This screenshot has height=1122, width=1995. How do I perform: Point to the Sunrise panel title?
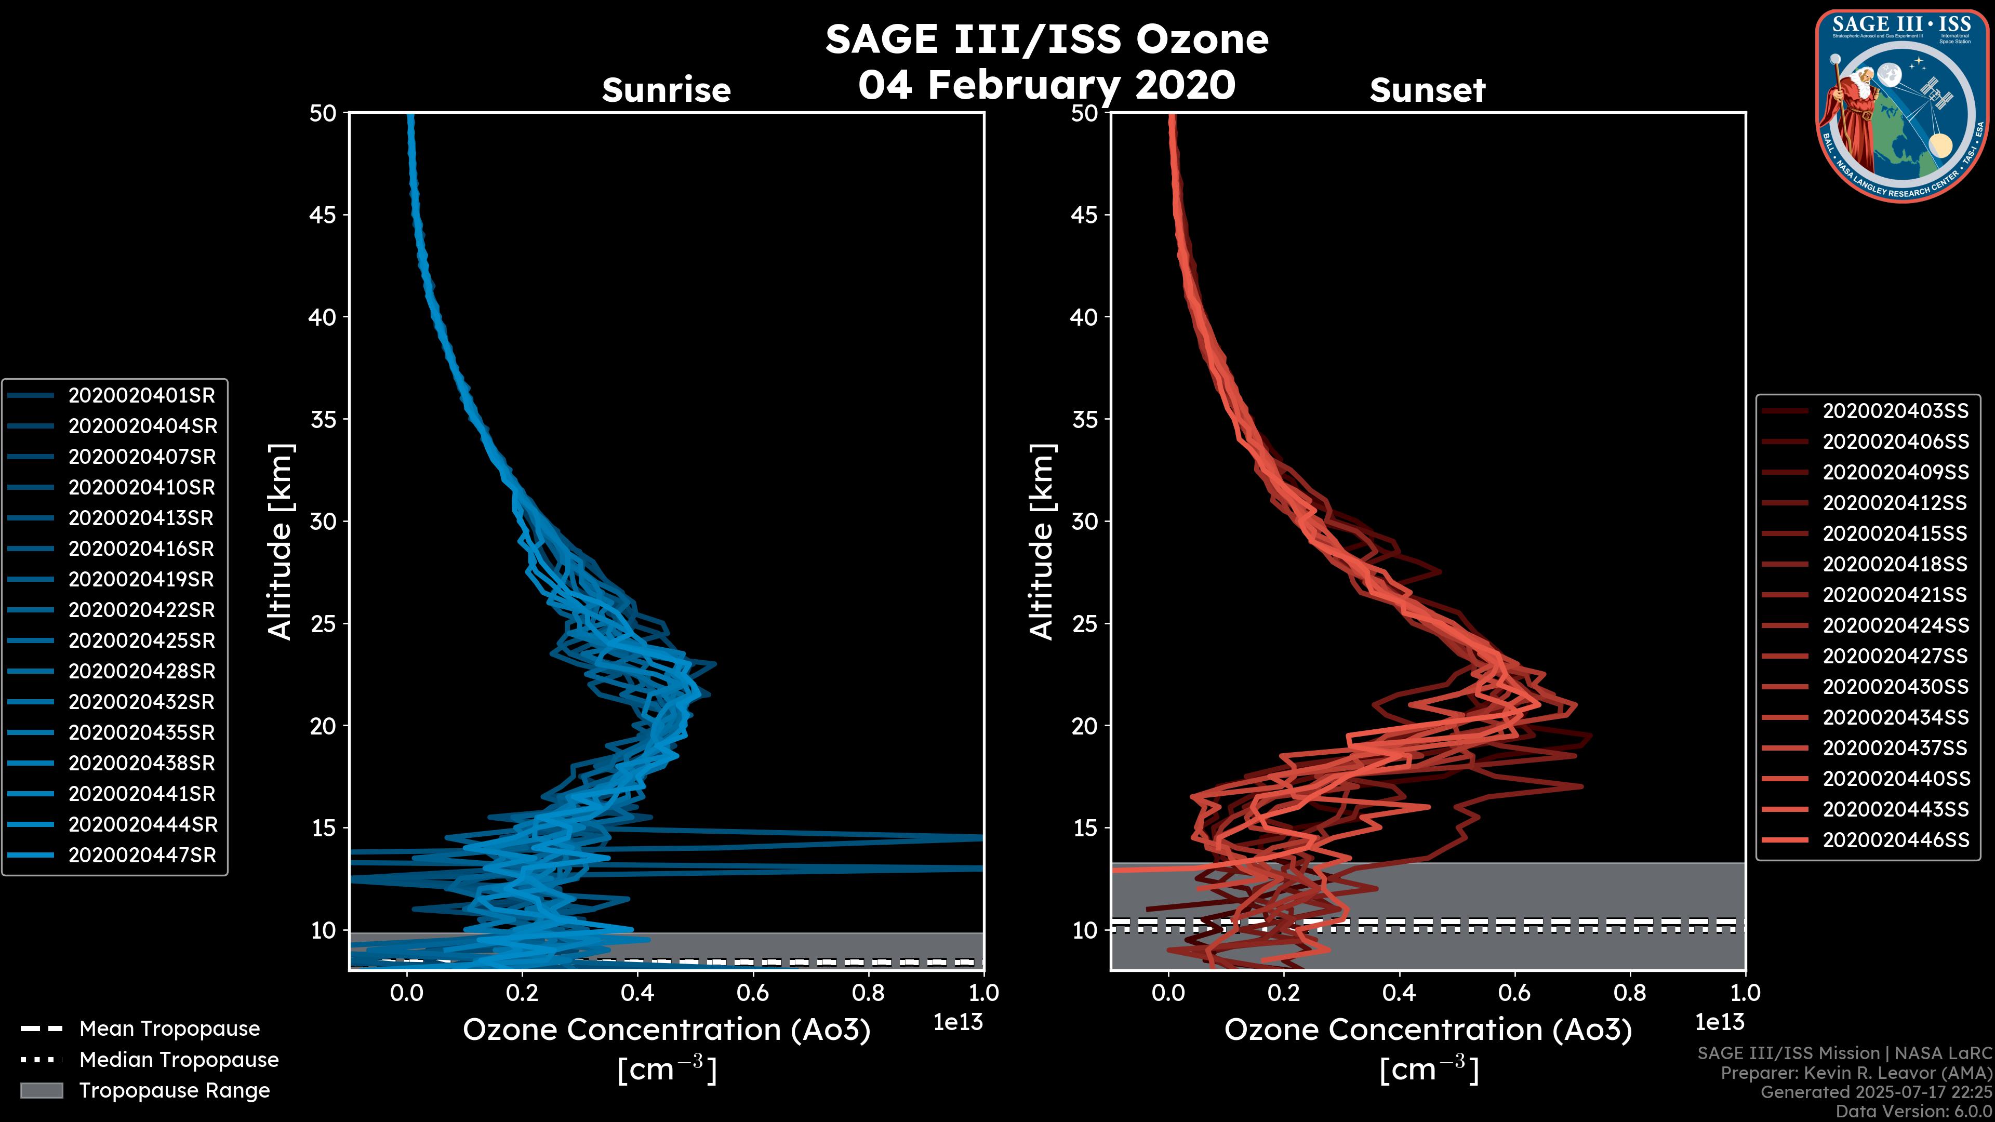coord(666,90)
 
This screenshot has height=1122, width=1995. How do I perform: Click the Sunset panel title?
coord(1427,90)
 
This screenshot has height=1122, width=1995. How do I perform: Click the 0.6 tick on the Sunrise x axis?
coord(753,993)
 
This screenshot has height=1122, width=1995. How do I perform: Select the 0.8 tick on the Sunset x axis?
coord(1629,993)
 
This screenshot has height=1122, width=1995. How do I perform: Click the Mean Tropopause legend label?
coord(169,1029)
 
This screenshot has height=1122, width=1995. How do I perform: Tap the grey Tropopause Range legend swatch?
coord(41,1091)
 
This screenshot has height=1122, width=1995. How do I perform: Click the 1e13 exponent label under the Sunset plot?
coord(1719,1022)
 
